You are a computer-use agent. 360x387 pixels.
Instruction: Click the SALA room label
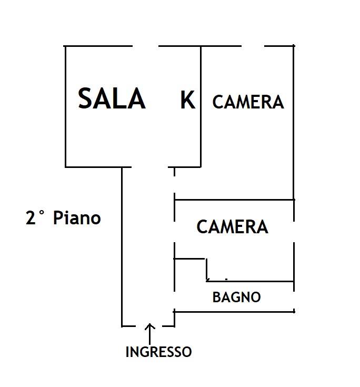click(x=112, y=98)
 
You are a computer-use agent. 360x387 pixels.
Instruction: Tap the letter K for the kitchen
click(x=187, y=100)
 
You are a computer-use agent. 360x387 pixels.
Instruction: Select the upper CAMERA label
click(x=248, y=102)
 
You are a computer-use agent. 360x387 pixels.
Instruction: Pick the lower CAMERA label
click(x=232, y=227)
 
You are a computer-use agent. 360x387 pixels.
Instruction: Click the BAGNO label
click(x=236, y=297)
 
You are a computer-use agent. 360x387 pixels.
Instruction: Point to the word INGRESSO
click(x=158, y=352)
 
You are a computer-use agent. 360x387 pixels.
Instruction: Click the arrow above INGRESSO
click(x=150, y=333)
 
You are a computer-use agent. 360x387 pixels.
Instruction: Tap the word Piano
click(x=77, y=217)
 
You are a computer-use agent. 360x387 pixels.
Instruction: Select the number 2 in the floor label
click(x=31, y=218)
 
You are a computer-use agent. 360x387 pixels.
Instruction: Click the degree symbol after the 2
click(x=42, y=213)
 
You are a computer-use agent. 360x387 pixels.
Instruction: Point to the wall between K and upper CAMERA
click(x=201, y=105)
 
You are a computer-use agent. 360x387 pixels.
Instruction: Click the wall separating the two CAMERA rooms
click(x=234, y=200)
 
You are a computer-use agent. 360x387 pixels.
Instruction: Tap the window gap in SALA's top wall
click(x=145, y=46)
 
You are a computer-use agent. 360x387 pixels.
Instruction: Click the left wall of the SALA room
click(x=65, y=105)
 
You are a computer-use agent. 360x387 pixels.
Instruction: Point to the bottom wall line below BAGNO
click(x=234, y=311)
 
